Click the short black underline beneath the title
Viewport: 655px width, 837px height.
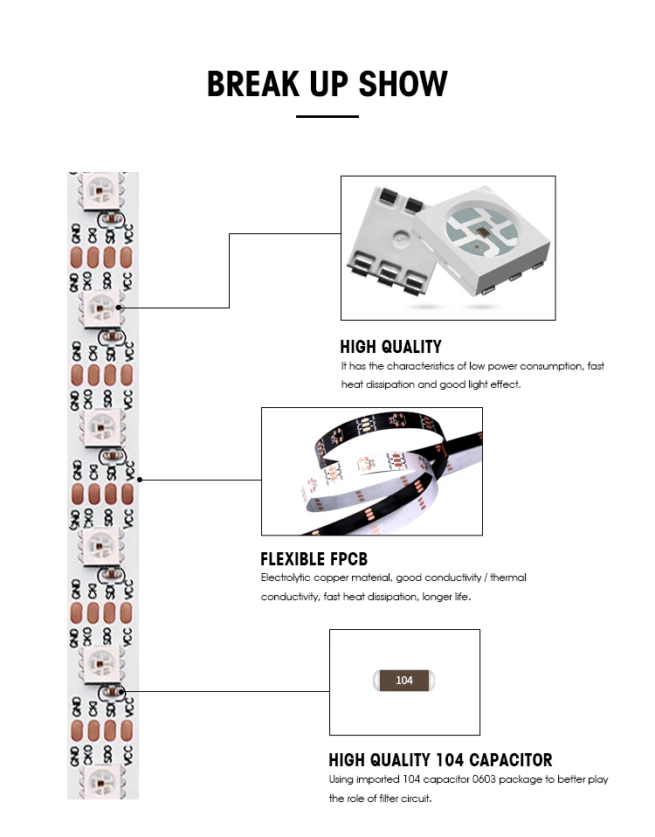tap(327, 116)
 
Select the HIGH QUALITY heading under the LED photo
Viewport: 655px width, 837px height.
tap(390, 347)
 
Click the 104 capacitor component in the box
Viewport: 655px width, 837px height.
tap(403, 680)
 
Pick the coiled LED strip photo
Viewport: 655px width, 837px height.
tap(371, 472)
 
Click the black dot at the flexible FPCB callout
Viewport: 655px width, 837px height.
tap(141, 480)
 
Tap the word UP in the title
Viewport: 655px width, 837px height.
tap(327, 84)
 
